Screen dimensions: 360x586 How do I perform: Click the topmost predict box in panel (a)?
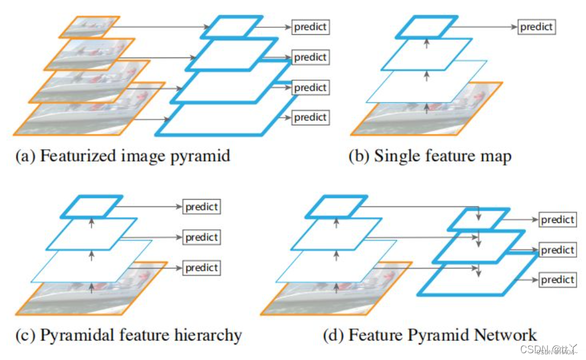[310, 27]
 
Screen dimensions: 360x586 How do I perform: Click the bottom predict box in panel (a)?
[310, 118]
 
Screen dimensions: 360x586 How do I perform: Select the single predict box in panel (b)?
[535, 27]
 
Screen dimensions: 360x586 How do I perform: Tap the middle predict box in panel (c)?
[201, 237]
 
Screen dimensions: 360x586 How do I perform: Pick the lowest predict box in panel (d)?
[557, 280]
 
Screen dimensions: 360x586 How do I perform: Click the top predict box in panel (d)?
[557, 220]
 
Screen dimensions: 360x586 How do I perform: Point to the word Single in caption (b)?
[393, 156]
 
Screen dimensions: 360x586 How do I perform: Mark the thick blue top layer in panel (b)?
[426, 27]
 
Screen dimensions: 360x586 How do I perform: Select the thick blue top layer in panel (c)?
[92, 205]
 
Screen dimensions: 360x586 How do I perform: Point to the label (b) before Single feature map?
[359, 156]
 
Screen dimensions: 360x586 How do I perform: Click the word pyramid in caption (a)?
[201, 156]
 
